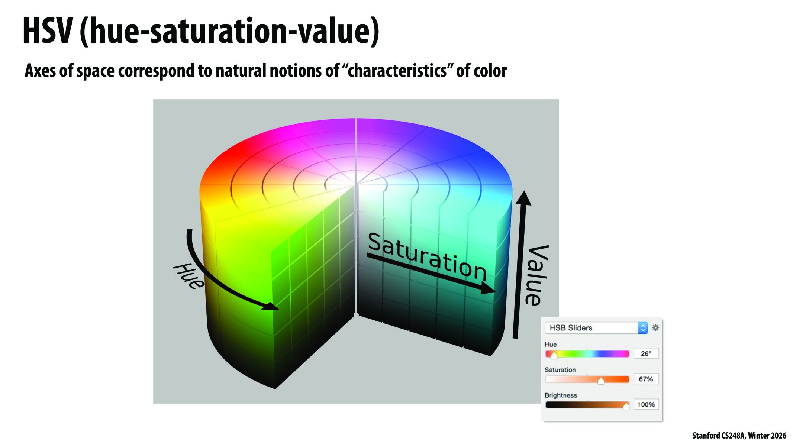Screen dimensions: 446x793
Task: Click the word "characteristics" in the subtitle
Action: (x=397, y=71)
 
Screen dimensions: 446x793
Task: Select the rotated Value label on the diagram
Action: (x=537, y=275)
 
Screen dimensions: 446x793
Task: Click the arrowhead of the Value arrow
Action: (x=523, y=198)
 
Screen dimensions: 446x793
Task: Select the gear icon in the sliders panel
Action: (x=655, y=327)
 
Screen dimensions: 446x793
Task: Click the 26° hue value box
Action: (x=646, y=353)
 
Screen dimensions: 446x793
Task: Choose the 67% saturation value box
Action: (x=646, y=379)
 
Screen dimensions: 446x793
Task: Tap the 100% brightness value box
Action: (x=646, y=404)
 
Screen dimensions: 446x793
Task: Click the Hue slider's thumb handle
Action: (x=554, y=355)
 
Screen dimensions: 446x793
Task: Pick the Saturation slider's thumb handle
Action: (x=601, y=381)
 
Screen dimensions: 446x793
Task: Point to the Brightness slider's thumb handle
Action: (x=626, y=406)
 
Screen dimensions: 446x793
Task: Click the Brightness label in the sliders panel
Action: (x=561, y=395)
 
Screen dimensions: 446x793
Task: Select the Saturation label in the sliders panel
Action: (x=560, y=370)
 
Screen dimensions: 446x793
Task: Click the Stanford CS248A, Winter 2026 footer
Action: (x=739, y=436)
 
